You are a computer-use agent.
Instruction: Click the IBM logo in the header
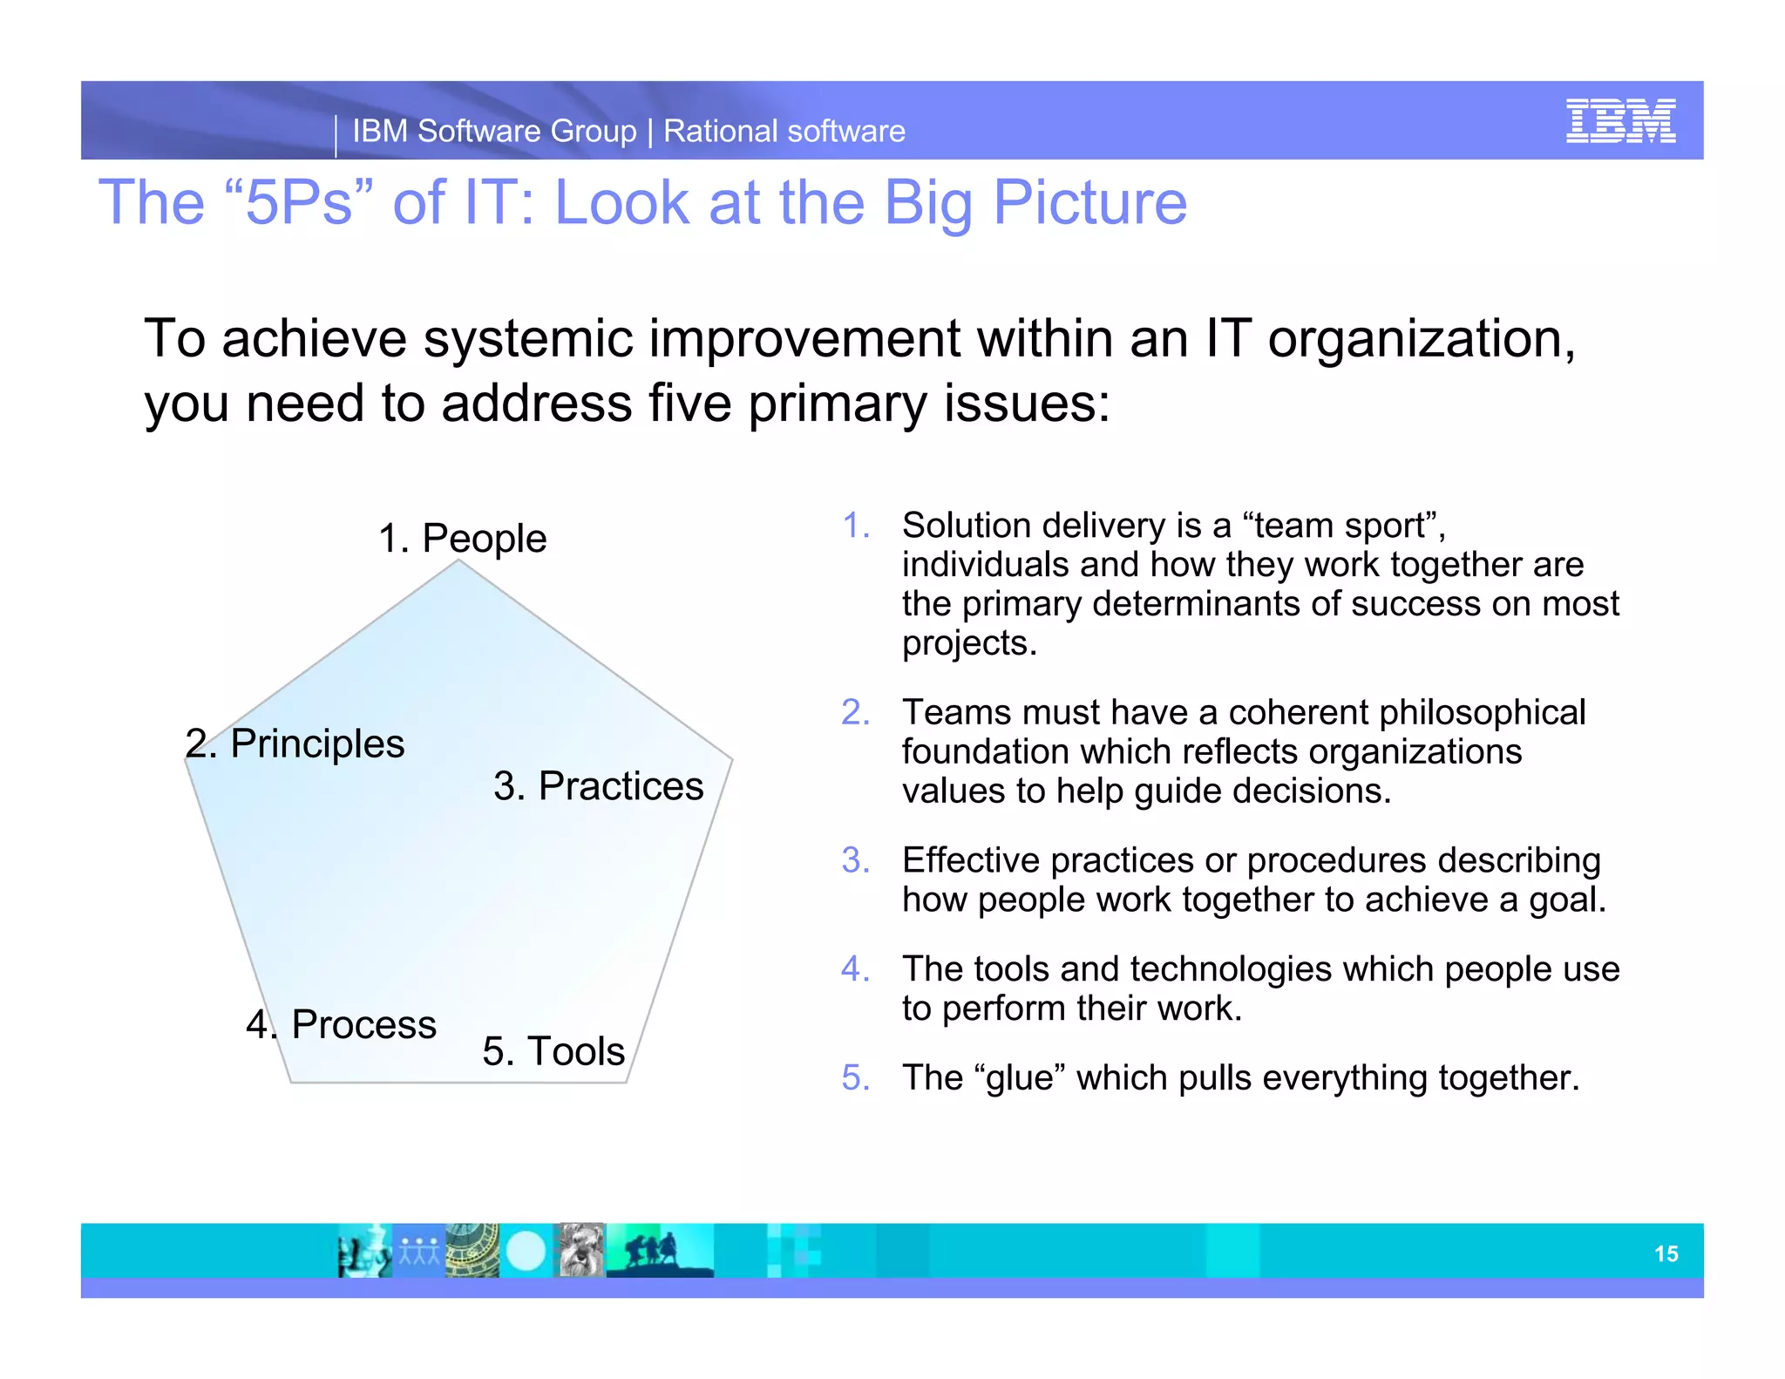pyautogui.click(x=1619, y=121)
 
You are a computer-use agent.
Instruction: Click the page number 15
pyautogui.click(x=1666, y=1253)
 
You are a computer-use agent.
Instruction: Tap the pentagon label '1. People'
pyautogui.click(x=462, y=538)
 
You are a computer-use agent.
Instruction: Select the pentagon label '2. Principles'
pyautogui.click(x=295, y=744)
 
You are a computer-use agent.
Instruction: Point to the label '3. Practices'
pyautogui.click(x=598, y=785)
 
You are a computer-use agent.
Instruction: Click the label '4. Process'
pyautogui.click(x=341, y=1023)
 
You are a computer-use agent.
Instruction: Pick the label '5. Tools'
pyautogui.click(x=553, y=1050)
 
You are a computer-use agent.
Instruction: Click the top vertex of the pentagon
pyautogui.click(x=458, y=561)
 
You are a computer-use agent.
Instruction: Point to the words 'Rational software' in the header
pyautogui.click(x=784, y=132)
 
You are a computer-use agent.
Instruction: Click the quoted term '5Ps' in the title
pyautogui.click(x=299, y=202)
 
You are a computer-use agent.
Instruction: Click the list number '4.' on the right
pyautogui.click(x=855, y=968)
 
